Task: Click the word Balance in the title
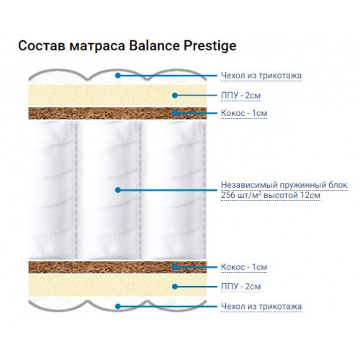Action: (x=154, y=45)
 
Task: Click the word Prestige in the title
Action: (x=210, y=46)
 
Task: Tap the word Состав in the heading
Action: (x=42, y=45)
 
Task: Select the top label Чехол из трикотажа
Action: (x=261, y=76)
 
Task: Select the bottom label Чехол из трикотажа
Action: (x=261, y=306)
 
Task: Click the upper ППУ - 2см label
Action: (x=240, y=96)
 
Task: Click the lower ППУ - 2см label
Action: (x=240, y=287)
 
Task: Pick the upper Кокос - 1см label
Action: (x=244, y=113)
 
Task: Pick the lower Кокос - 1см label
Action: (x=244, y=267)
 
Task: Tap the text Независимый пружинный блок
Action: (x=284, y=185)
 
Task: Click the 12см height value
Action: (x=310, y=195)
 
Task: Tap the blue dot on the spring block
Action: (x=117, y=190)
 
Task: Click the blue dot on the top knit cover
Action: (x=117, y=76)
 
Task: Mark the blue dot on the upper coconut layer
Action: (x=175, y=113)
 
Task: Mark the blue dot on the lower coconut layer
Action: (x=175, y=267)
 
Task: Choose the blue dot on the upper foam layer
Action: (x=175, y=96)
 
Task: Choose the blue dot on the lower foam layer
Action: (x=175, y=287)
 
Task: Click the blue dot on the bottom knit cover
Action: (x=117, y=306)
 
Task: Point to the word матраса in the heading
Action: (x=97, y=46)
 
